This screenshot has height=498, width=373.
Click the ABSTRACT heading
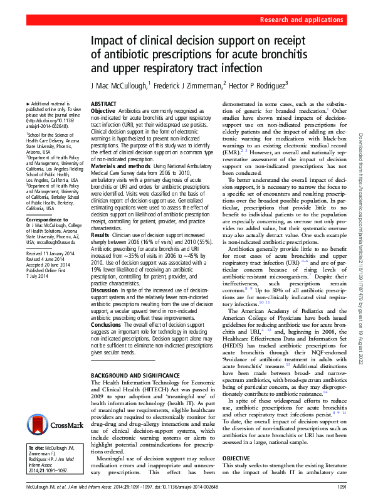[x=104, y=103]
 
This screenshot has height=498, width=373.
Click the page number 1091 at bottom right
[x=342, y=487]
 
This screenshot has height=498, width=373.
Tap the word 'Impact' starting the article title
[x=111, y=41]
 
